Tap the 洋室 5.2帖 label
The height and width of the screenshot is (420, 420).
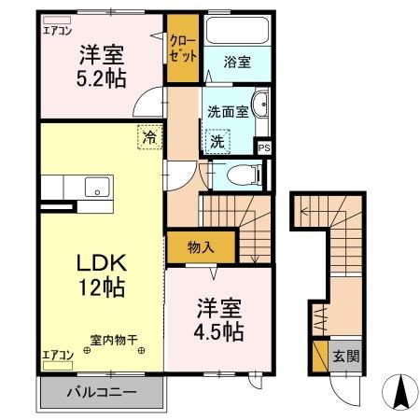[x=102, y=65]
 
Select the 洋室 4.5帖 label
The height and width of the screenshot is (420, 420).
[x=220, y=319]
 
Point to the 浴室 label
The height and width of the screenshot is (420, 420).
[x=237, y=63]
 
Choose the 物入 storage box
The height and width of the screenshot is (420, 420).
[x=200, y=248]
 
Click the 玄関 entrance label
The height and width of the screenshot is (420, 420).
[x=346, y=356]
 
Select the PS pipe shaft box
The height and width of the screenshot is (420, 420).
[x=264, y=147]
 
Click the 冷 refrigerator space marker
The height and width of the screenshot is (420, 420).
[x=149, y=138]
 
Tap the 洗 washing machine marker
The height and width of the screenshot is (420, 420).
[x=217, y=143]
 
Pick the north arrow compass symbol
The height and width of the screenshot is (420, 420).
[x=401, y=390]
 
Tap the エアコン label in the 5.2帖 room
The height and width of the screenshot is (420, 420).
[x=57, y=29]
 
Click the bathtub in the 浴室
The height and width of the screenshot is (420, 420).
[x=237, y=34]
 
